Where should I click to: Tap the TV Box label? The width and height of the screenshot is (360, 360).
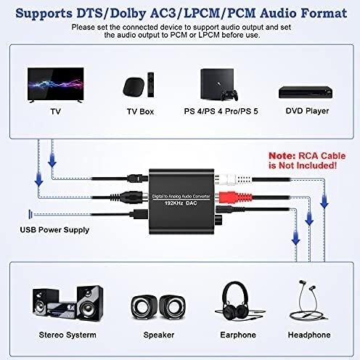[140, 112]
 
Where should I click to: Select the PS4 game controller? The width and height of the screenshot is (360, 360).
[229, 95]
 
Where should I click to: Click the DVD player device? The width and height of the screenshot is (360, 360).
[306, 92]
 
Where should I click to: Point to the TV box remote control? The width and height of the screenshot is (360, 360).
[151, 85]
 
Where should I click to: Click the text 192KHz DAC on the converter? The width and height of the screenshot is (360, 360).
[181, 203]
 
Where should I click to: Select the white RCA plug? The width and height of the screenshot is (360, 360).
[233, 179]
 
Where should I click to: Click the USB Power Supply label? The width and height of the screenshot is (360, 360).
[54, 230]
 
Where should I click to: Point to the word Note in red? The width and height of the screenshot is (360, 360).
[282, 156]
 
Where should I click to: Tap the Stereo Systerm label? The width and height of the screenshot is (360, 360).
[67, 335]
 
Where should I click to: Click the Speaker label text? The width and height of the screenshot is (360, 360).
[159, 335]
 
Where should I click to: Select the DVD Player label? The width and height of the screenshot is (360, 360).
[307, 111]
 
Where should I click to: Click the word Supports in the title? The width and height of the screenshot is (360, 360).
[44, 14]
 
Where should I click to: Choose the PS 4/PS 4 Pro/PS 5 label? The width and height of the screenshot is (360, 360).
[221, 111]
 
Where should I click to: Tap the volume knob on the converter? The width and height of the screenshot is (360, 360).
[219, 220]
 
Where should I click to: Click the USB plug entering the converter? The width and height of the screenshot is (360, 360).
[139, 214]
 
